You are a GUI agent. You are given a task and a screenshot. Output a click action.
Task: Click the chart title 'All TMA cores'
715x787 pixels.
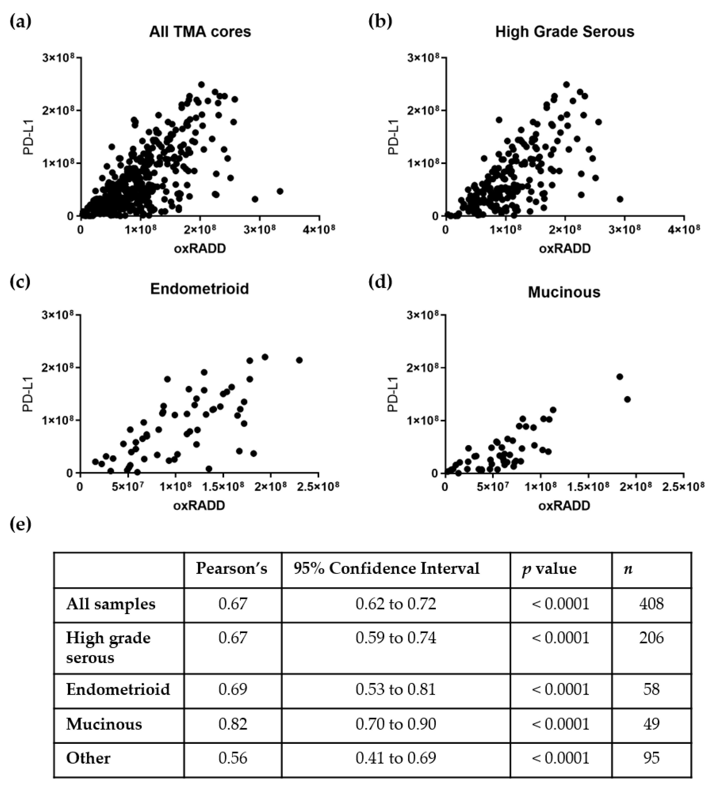tap(200, 32)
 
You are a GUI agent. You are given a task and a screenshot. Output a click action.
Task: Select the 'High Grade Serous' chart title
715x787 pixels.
tap(565, 32)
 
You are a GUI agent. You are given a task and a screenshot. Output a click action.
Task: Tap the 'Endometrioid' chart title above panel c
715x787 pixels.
tap(199, 288)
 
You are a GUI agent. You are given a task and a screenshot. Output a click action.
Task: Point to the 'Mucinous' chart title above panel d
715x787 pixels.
tap(564, 292)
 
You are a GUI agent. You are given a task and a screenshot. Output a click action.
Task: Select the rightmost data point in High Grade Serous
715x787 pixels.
tap(620, 199)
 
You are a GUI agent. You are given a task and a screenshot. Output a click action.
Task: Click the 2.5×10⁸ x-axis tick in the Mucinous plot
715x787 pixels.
tap(684, 486)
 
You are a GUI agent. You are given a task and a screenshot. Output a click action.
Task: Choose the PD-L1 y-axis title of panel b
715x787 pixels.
tap(395, 137)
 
